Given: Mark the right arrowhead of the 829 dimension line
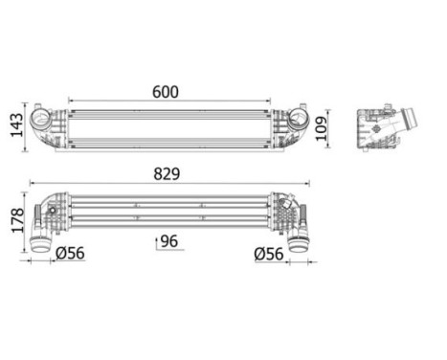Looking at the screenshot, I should coord(309,182).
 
